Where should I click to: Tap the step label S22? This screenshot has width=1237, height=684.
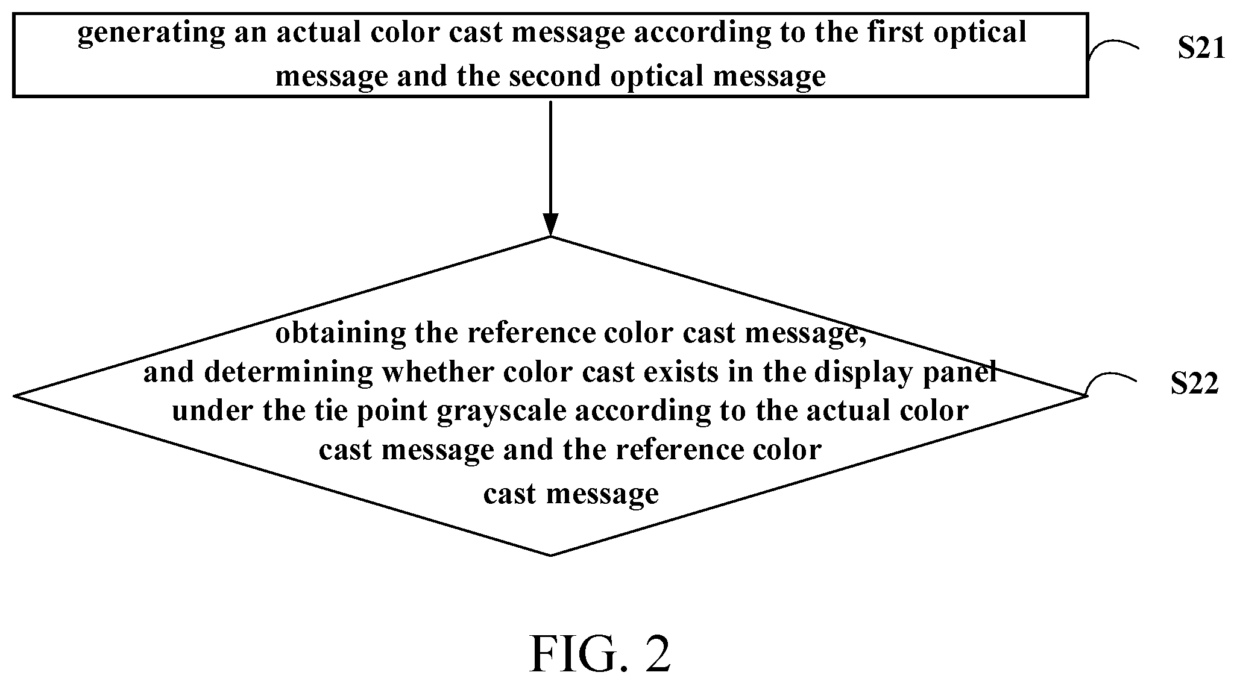[x=1195, y=384]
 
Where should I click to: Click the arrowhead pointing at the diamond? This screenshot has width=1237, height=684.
[x=550, y=224]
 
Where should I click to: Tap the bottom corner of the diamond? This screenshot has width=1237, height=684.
[x=550, y=555]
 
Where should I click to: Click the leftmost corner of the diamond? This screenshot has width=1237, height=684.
[x=15, y=396]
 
